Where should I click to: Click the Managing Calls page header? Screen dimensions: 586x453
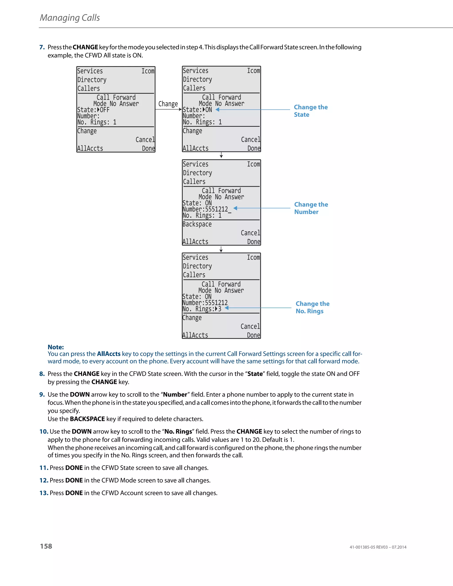[70, 18]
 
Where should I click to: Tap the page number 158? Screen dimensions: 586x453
[46, 546]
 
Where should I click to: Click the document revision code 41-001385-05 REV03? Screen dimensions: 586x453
[369, 547]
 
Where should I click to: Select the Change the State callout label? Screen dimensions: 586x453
[311, 111]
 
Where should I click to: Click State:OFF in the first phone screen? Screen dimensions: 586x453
[93, 110]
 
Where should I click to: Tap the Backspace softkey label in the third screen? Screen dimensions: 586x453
[197, 224]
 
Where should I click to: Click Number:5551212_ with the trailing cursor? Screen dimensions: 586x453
[207, 209]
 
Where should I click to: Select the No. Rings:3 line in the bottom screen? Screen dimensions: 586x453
[202, 309]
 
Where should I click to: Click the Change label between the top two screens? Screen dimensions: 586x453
[168, 104]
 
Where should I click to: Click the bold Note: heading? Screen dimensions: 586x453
[56, 347]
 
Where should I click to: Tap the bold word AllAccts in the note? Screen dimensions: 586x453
[108, 354]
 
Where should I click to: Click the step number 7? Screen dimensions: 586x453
[42, 47]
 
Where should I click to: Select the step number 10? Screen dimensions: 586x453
[44, 431]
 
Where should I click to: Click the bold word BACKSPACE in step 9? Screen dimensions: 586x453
[87, 419]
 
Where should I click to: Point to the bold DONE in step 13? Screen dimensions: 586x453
[74, 493]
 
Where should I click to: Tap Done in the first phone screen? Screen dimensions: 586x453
[148, 148]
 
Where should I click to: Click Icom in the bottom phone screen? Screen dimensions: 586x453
[253, 257]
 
